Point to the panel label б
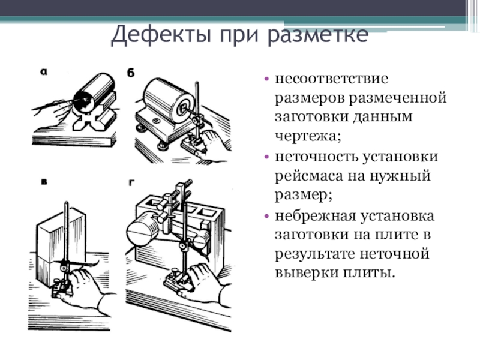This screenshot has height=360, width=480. pos(131,73)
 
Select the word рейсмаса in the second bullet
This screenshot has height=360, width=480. pos(305,176)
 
